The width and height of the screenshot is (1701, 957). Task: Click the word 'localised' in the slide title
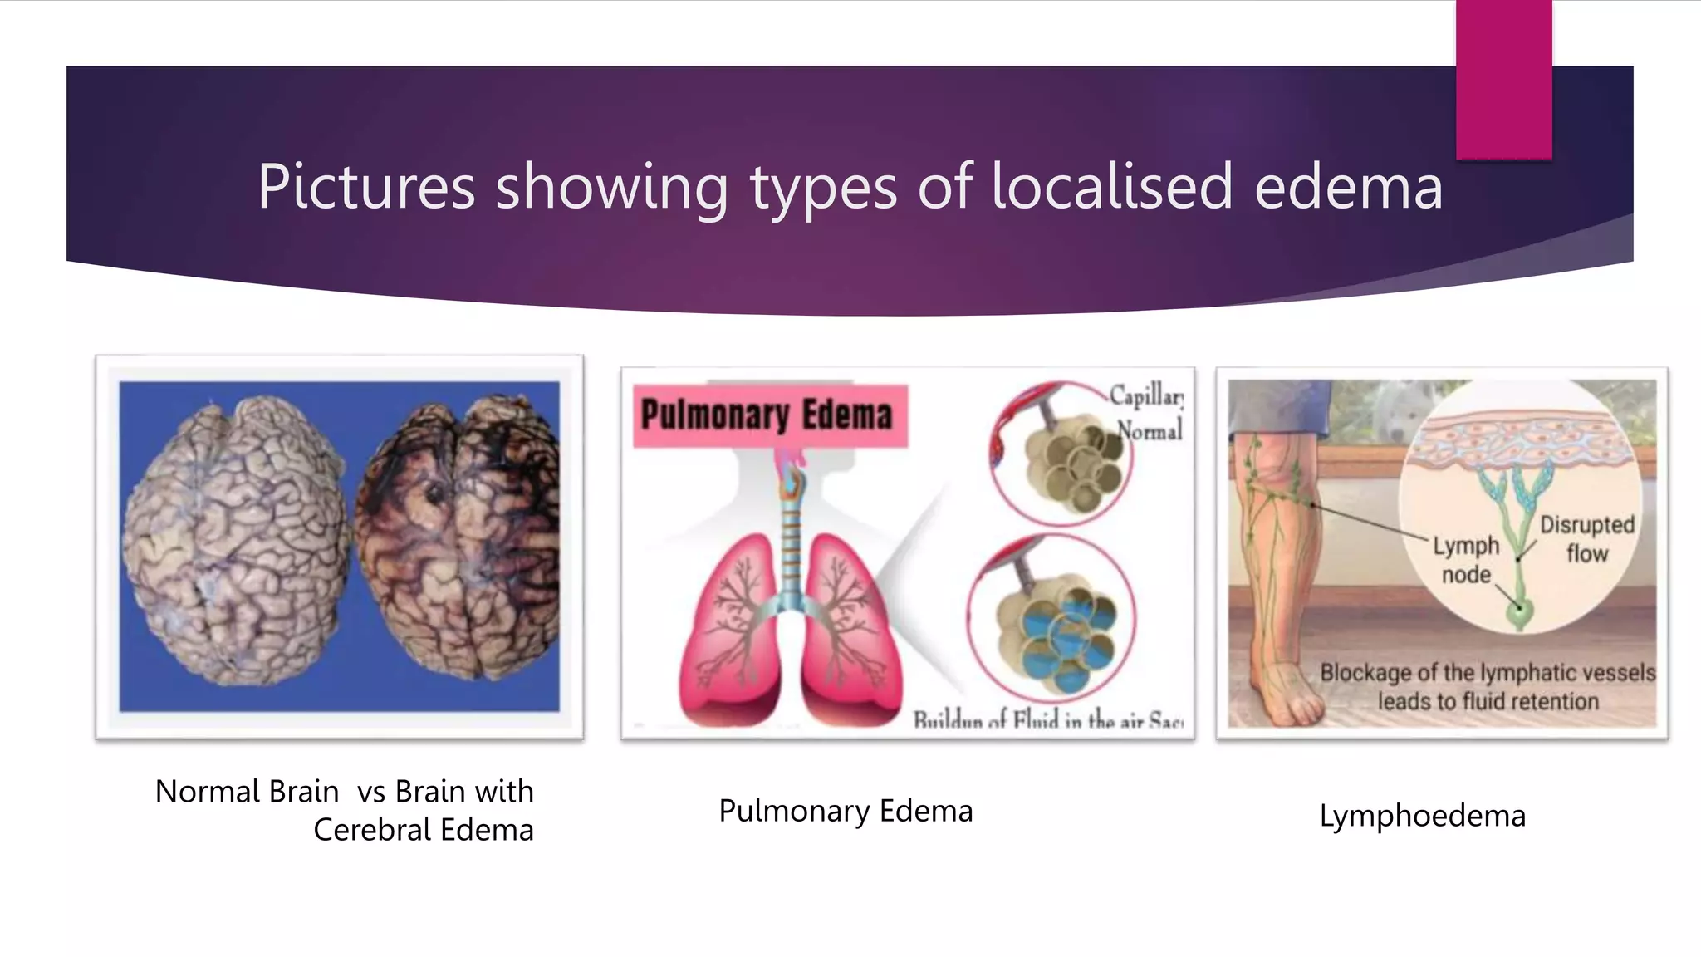point(1111,186)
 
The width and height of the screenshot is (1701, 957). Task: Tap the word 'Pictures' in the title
point(366,186)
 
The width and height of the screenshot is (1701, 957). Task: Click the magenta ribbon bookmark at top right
point(1503,79)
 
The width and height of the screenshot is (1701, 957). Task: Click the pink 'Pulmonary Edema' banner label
point(768,415)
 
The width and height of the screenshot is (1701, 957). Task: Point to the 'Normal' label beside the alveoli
point(1150,430)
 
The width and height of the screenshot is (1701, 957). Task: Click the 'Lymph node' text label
point(1466,560)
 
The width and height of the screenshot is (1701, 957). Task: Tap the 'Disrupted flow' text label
point(1586,538)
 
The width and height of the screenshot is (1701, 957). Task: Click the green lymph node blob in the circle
point(1521,616)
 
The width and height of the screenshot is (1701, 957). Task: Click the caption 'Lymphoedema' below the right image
point(1422,816)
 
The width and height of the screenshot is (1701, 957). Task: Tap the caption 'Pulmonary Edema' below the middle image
point(846,811)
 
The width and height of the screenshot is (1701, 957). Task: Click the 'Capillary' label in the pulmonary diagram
point(1146,396)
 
